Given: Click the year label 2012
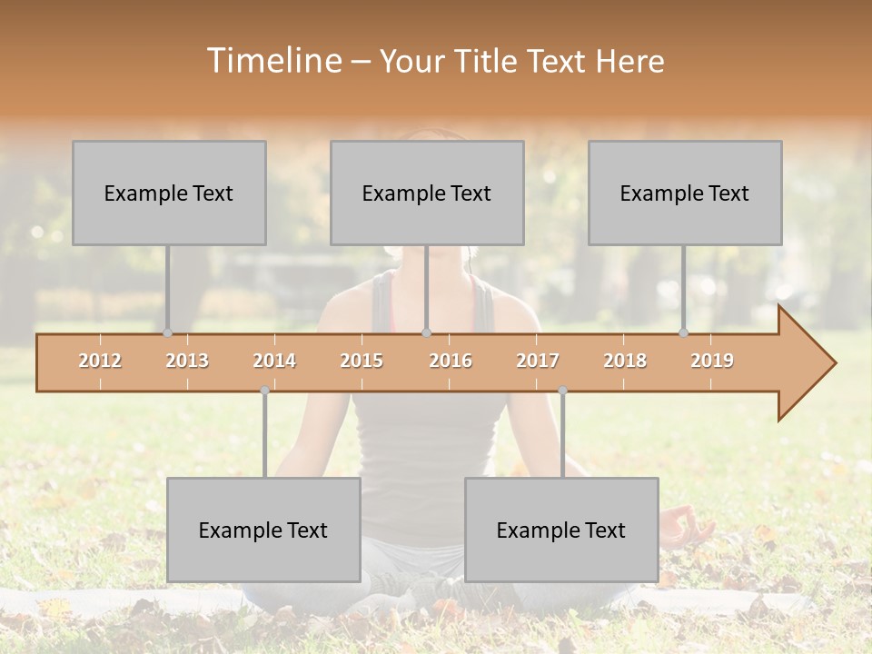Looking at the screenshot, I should pyautogui.click(x=100, y=361).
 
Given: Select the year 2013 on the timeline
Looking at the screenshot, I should pyautogui.click(x=187, y=361).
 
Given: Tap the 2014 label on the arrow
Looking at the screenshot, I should pyautogui.click(x=274, y=361).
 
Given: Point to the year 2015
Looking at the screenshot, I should pyautogui.click(x=362, y=361).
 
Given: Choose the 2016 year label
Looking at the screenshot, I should pyautogui.click(x=451, y=361).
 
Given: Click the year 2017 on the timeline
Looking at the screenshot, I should pyautogui.click(x=538, y=361).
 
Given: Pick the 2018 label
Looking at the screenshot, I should pyautogui.click(x=625, y=361).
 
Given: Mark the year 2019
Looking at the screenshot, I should pyautogui.click(x=712, y=361).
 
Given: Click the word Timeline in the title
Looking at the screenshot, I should pyautogui.click(x=272, y=61).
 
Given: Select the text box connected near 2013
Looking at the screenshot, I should pyautogui.click(x=169, y=193).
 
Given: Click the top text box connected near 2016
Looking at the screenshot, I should pyautogui.click(x=427, y=193).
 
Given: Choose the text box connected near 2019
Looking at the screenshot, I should pyautogui.click(x=685, y=193).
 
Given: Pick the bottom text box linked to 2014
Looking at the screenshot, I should pyautogui.click(x=263, y=530).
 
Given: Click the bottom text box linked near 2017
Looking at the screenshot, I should pyautogui.click(x=561, y=530).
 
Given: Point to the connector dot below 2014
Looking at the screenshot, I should pyautogui.click(x=264, y=391).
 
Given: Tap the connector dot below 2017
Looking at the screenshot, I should pyautogui.click(x=562, y=391).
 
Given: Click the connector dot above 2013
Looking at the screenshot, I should pyautogui.click(x=167, y=333).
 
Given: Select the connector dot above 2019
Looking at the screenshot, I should pyautogui.click(x=683, y=333).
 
